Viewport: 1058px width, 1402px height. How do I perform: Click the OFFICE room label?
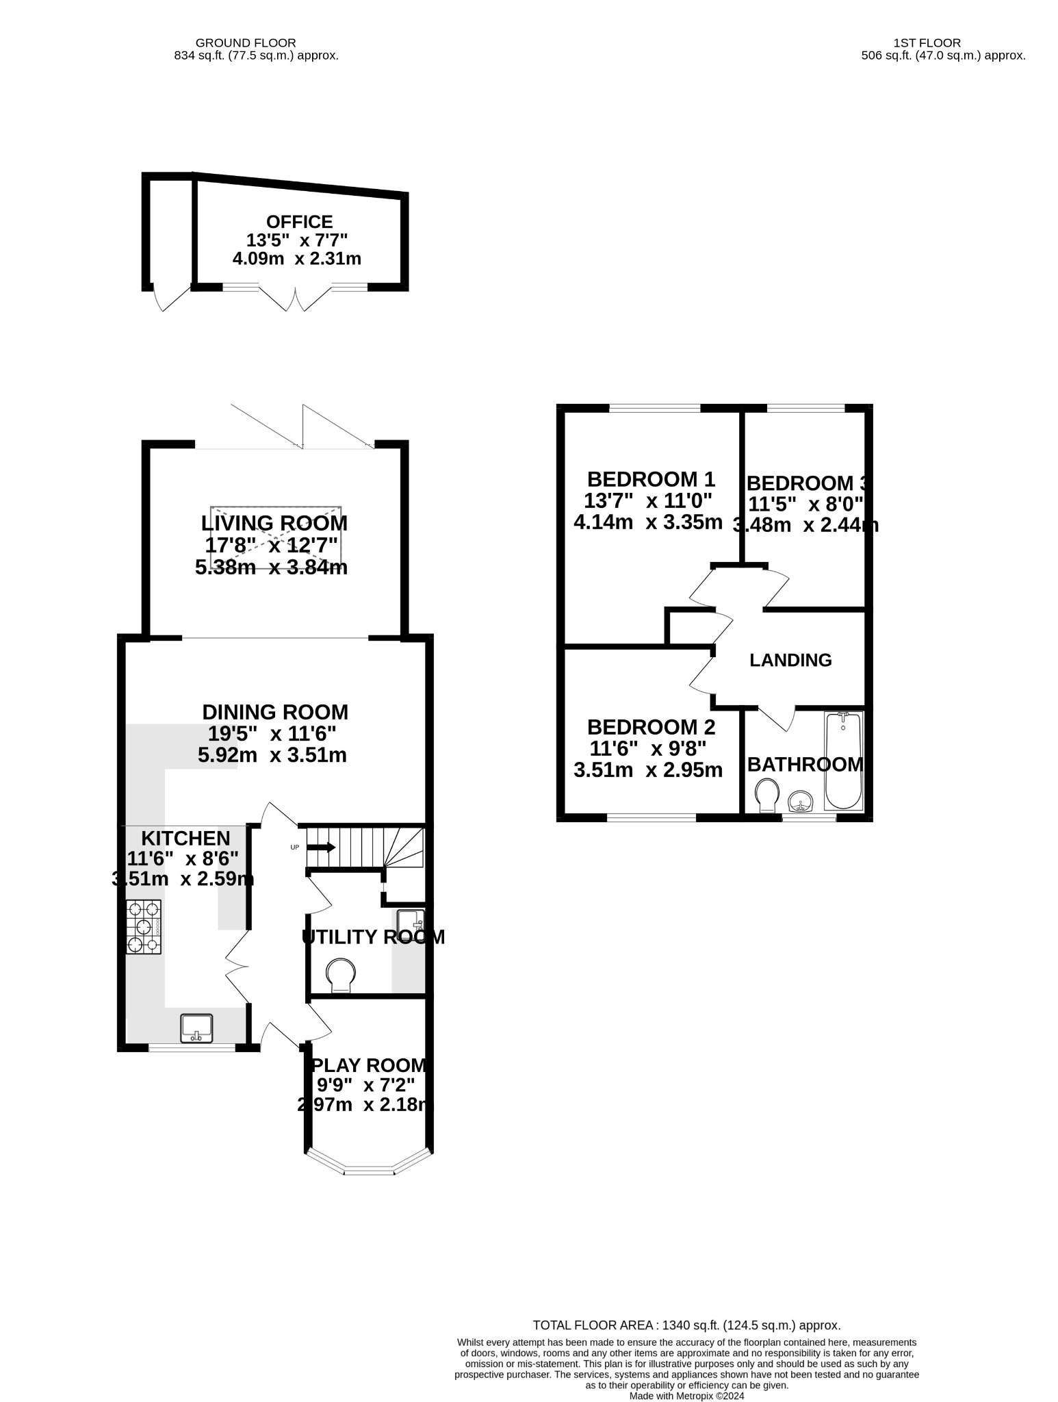(299, 222)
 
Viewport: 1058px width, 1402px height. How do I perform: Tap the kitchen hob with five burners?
(144, 927)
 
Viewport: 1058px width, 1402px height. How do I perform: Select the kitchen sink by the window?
(197, 1028)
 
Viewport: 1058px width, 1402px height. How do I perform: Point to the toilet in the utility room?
(341, 973)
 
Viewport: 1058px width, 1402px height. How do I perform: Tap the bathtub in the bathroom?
(844, 760)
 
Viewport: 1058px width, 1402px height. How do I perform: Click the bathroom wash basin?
(801, 800)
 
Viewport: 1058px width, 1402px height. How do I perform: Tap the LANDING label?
(790, 660)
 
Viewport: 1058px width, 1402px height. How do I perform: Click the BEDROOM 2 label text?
(651, 726)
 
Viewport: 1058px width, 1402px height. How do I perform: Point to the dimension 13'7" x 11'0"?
(648, 500)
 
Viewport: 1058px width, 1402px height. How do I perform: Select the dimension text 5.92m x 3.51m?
(272, 755)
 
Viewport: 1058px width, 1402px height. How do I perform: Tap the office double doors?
(296, 299)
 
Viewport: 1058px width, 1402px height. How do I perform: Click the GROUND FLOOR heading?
(246, 42)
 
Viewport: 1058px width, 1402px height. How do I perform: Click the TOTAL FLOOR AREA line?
(686, 1325)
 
